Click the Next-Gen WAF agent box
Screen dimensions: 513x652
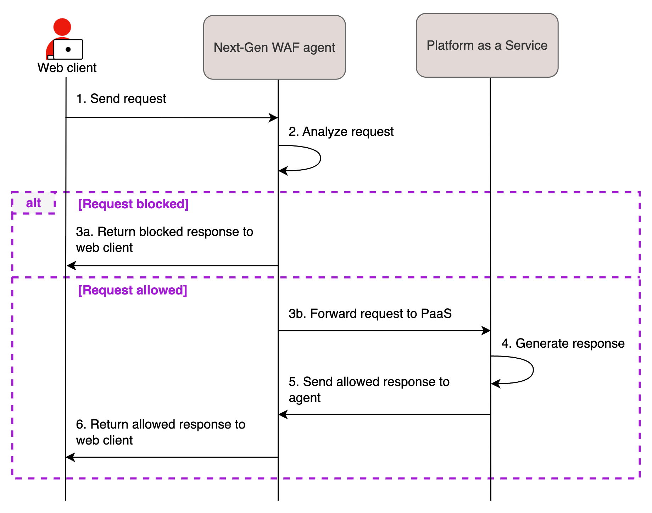click(274, 47)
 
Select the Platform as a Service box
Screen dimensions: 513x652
click(487, 45)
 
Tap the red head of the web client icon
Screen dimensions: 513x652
click(62, 27)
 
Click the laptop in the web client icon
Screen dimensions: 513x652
click(68, 49)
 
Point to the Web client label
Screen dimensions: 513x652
click(67, 68)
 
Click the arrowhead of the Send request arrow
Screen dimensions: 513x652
click(273, 118)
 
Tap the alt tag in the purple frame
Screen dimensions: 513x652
click(33, 203)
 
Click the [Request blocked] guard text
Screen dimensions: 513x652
click(133, 204)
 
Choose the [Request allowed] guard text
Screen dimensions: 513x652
click(132, 290)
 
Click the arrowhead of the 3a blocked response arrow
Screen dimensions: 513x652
click(71, 265)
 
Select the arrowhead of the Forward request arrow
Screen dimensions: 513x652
click(486, 331)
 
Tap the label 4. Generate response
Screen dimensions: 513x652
click(563, 343)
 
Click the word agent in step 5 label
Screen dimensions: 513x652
click(305, 398)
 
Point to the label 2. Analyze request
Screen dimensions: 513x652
click(341, 132)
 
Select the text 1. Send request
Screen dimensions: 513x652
click(121, 99)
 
